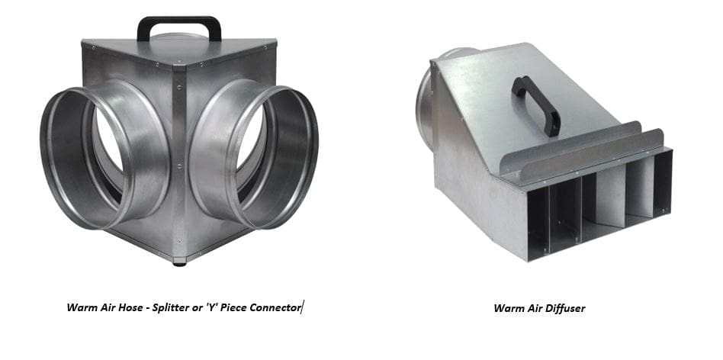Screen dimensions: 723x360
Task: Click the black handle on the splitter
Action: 179,20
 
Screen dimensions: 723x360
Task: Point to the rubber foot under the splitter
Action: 179,264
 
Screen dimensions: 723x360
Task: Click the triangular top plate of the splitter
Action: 179,50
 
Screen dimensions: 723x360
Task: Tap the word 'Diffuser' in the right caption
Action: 565,308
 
